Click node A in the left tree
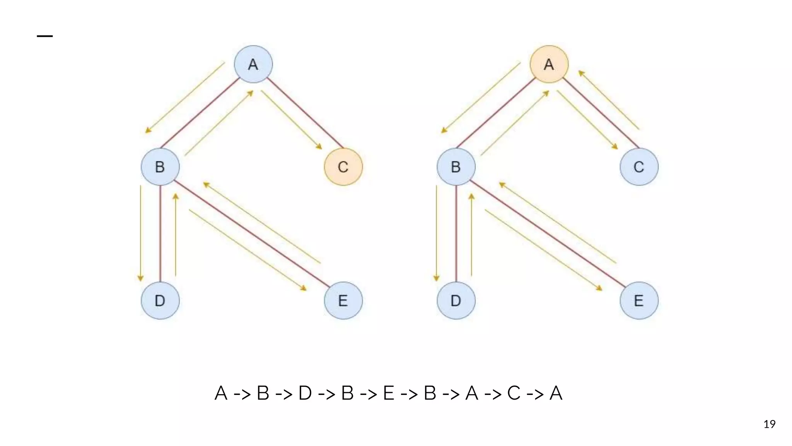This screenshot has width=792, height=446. pos(253,64)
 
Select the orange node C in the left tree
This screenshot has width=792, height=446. pos(343,167)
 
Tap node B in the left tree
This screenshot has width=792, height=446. pos(160,167)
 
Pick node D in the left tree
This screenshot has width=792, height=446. pos(160,300)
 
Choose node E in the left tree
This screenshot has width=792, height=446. pos(343,300)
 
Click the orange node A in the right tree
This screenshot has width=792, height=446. pos(549,64)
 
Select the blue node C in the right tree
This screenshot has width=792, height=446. pos(639,167)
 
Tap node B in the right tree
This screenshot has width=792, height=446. pos(456,167)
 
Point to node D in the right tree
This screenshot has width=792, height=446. pos(456,300)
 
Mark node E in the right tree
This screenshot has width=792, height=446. pos(639,300)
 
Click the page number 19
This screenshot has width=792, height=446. pos(769,424)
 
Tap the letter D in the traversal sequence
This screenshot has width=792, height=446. pos(305,393)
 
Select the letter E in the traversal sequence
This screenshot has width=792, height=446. pos(388,393)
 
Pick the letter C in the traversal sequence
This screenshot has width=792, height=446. pos(514,393)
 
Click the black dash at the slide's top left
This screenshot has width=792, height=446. pos(45,36)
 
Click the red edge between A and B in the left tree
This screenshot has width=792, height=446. pos(200,113)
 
